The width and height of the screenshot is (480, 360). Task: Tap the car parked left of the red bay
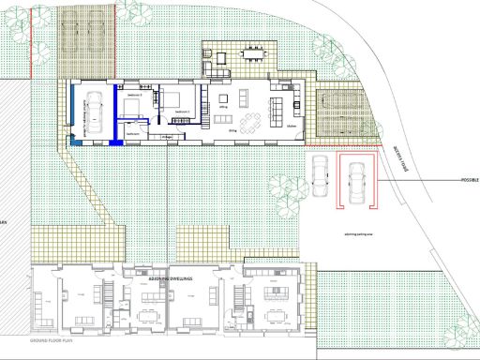(320, 173)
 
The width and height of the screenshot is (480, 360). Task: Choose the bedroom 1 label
(184, 112)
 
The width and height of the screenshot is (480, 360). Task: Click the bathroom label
(133, 133)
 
